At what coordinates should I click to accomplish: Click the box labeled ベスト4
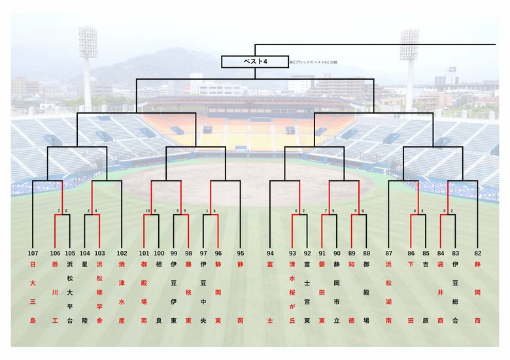(254, 61)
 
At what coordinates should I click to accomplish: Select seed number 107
(33, 253)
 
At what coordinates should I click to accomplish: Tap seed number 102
(122, 253)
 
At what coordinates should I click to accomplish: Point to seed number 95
(241, 253)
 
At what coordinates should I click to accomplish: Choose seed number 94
(270, 253)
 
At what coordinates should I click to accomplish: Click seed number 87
(389, 253)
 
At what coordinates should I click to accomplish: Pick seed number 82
(477, 253)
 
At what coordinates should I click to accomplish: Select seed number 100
(159, 253)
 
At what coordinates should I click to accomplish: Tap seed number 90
(337, 253)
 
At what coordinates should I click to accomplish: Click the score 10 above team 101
(148, 211)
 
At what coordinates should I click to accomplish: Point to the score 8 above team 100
(155, 211)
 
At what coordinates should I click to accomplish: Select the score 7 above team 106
(59, 211)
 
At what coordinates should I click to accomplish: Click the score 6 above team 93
(296, 211)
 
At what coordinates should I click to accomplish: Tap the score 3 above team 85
(422, 211)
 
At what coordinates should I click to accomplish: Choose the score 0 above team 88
(362, 211)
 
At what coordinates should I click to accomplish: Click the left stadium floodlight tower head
(88, 42)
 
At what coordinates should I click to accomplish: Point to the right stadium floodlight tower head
(409, 45)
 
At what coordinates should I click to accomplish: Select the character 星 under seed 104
(85, 265)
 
